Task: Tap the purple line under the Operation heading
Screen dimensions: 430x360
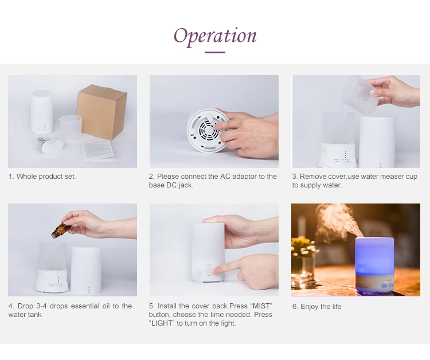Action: click(215, 52)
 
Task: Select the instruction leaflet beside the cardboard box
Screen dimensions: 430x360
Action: click(98, 150)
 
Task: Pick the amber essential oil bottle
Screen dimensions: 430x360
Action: click(59, 230)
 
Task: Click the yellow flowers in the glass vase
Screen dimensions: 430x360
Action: click(304, 245)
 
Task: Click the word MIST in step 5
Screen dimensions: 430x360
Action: click(261, 306)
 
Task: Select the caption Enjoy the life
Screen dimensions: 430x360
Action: click(316, 307)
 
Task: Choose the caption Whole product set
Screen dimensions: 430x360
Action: click(42, 177)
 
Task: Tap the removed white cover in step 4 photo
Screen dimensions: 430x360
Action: click(87, 270)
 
